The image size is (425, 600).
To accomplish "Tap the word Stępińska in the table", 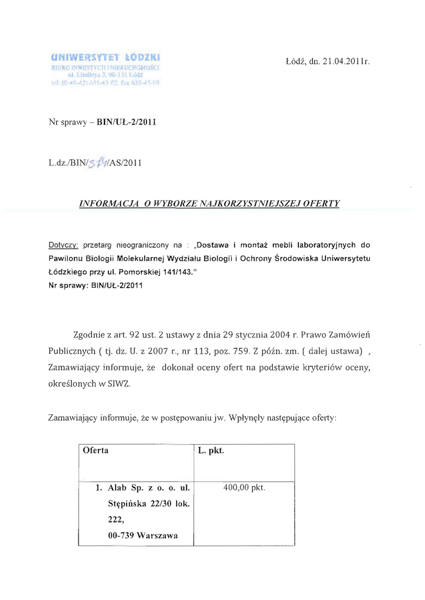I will (127, 503).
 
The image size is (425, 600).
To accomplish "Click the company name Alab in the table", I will (118, 487).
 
